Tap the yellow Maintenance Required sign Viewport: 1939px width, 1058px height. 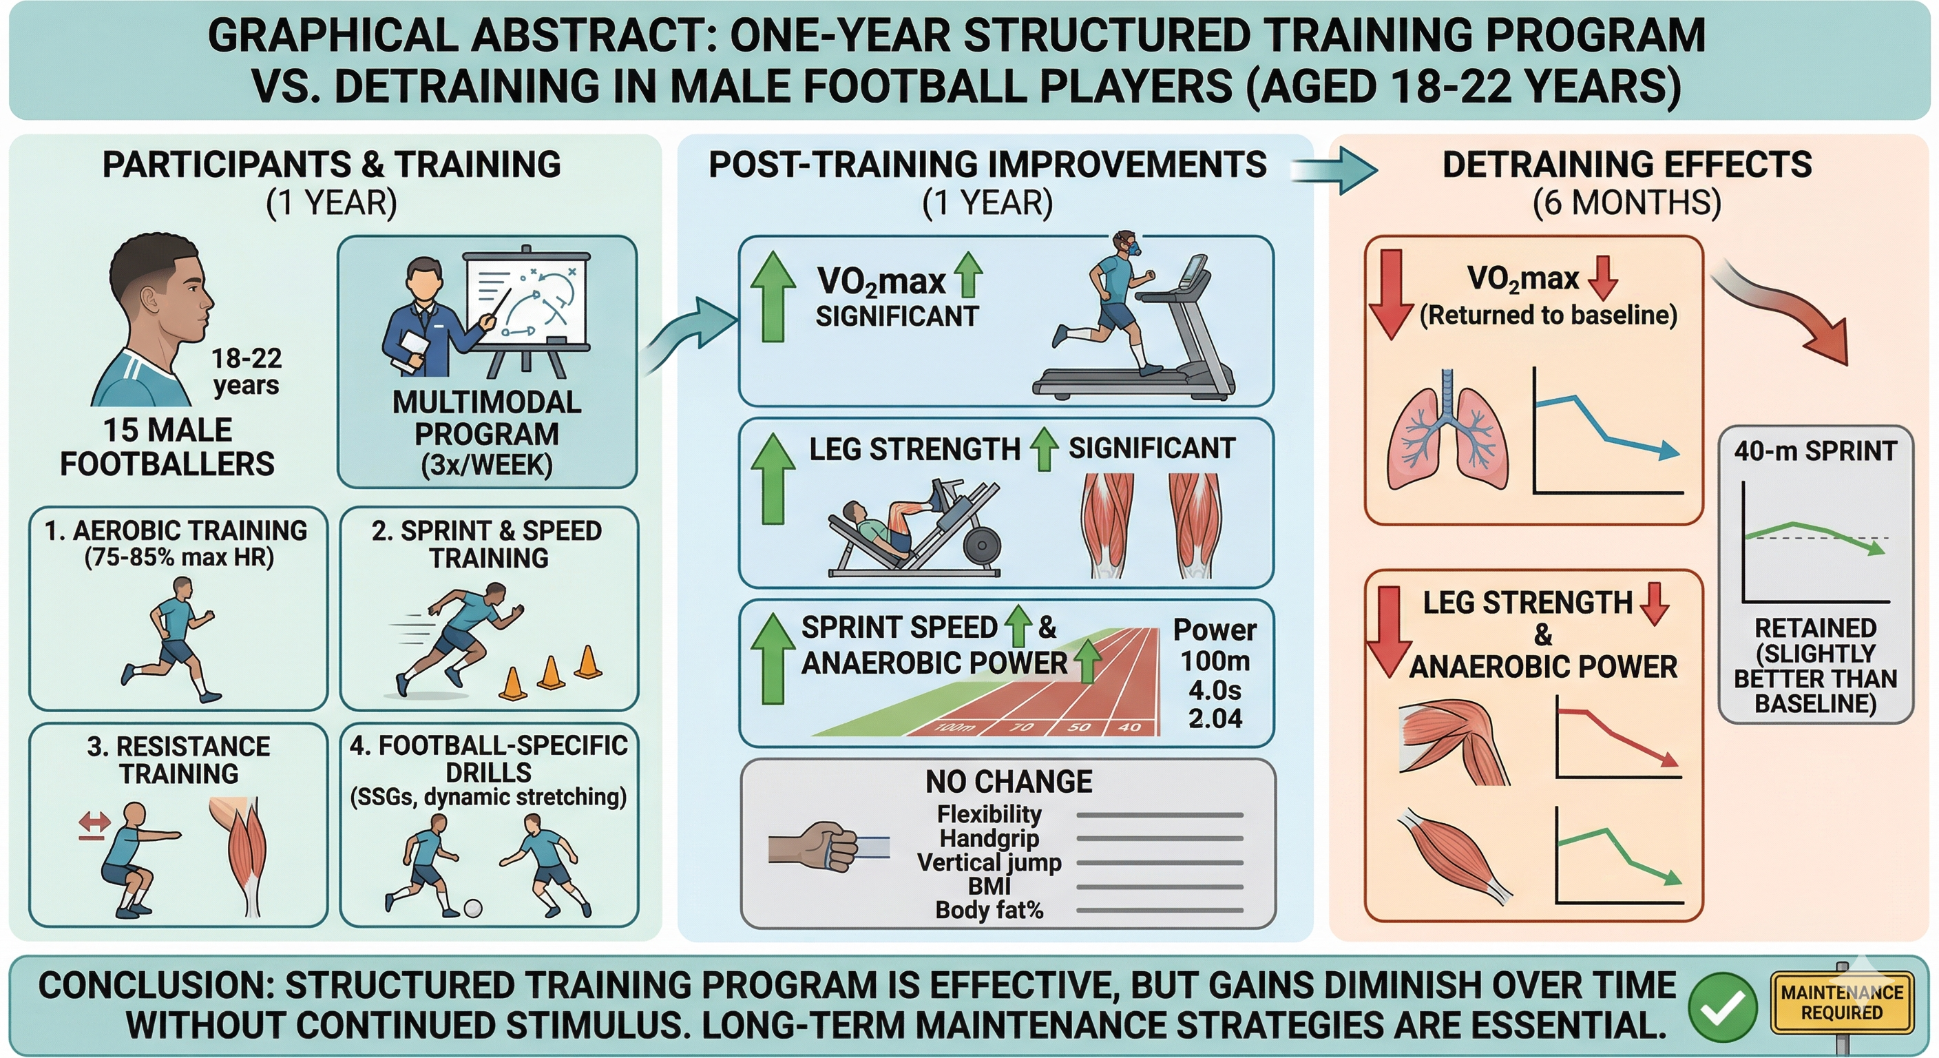tap(1841, 1002)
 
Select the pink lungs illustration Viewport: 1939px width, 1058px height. tap(1447, 431)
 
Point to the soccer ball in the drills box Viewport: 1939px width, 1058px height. tap(473, 907)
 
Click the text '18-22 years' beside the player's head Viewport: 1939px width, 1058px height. tap(246, 371)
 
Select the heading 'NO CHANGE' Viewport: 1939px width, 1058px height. tap(1009, 782)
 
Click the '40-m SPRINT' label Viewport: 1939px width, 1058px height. tap(1816, 450)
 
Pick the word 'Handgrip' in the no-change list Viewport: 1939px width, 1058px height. tap(989, 838)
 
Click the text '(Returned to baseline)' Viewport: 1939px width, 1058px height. tap(1549, 315)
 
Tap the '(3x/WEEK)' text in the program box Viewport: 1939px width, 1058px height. tap(486, 465)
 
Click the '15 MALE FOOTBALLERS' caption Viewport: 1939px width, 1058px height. tap(167, 446)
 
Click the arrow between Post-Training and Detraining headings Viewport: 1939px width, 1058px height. tap(1333, 171)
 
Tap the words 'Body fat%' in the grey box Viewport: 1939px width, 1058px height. tap(989, 911)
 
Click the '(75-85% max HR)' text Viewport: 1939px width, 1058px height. tap(179, 557)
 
